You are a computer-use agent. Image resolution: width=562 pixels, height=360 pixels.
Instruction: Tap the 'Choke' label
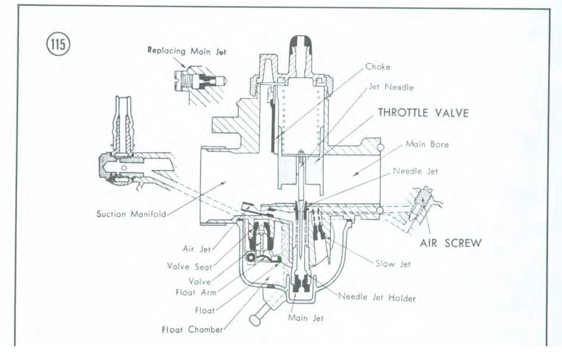pos(377,67)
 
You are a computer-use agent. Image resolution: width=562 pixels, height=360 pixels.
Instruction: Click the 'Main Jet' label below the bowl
pos(305,318)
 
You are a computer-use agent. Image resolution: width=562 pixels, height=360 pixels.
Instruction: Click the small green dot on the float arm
pos(280,259)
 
